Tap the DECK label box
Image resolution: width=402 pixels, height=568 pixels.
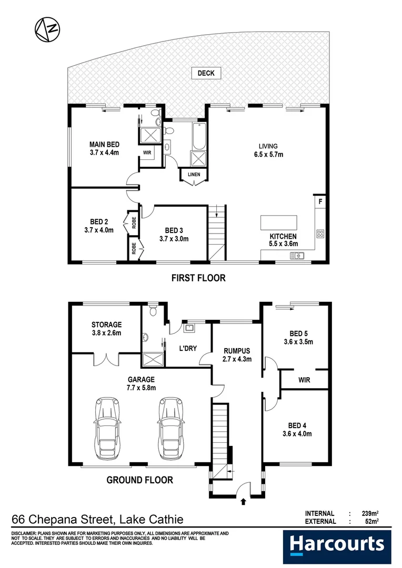click(x=206, y=73)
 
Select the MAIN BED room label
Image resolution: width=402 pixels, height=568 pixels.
click(x=104, y=145)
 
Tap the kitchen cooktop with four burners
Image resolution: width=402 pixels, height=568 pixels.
click(x=320, y=234)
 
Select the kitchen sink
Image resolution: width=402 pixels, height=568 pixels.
click(x=297, y=256)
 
